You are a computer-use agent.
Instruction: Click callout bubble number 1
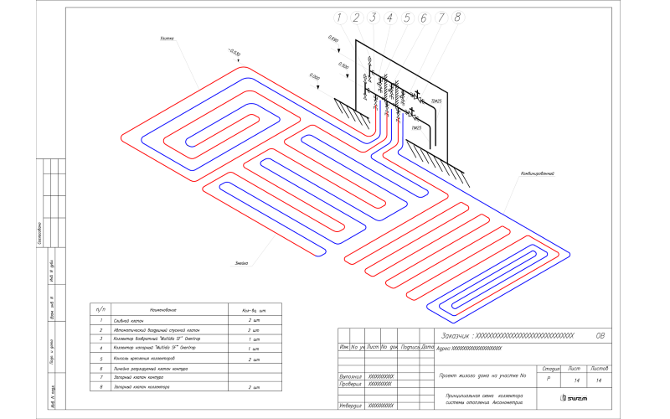pos(338,18)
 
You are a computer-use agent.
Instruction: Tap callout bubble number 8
pos(457,18)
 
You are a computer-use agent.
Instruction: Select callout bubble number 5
pos(406,18)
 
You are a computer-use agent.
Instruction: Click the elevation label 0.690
pos(333,39)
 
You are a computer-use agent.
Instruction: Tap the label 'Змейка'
pos(242,263)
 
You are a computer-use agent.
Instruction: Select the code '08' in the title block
pos(600,334)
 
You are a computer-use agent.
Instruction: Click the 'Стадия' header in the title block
pos(550,369)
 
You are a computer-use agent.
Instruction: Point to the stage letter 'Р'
pos(549,380)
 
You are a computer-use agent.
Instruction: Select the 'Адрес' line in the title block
pos(474,347)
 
